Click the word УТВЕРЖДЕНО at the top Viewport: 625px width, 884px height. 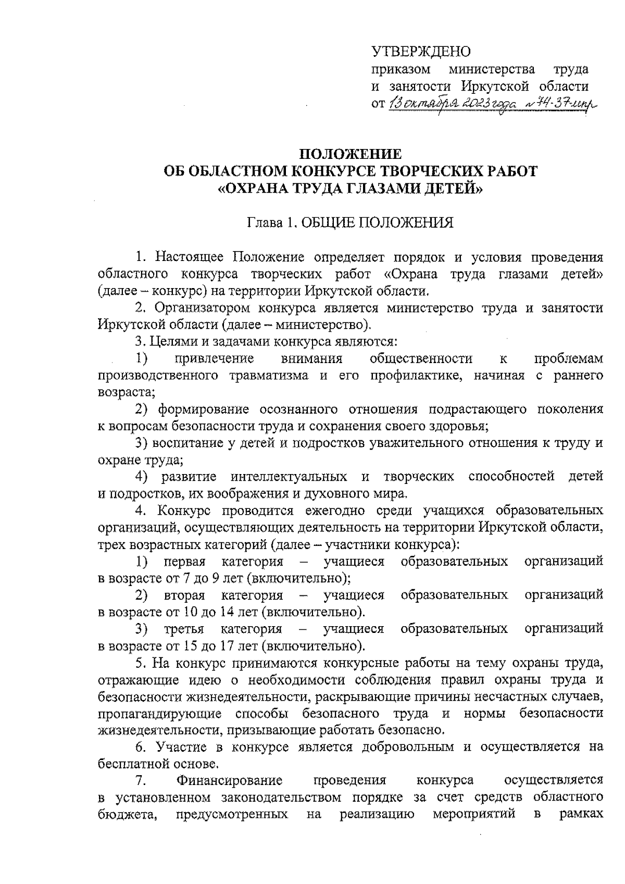pos(421,52)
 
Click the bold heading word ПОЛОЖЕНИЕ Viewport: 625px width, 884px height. pos(349,154)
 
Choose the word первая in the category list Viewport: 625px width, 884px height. pos(185,561)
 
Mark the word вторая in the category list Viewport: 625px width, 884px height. pos(185,595)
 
